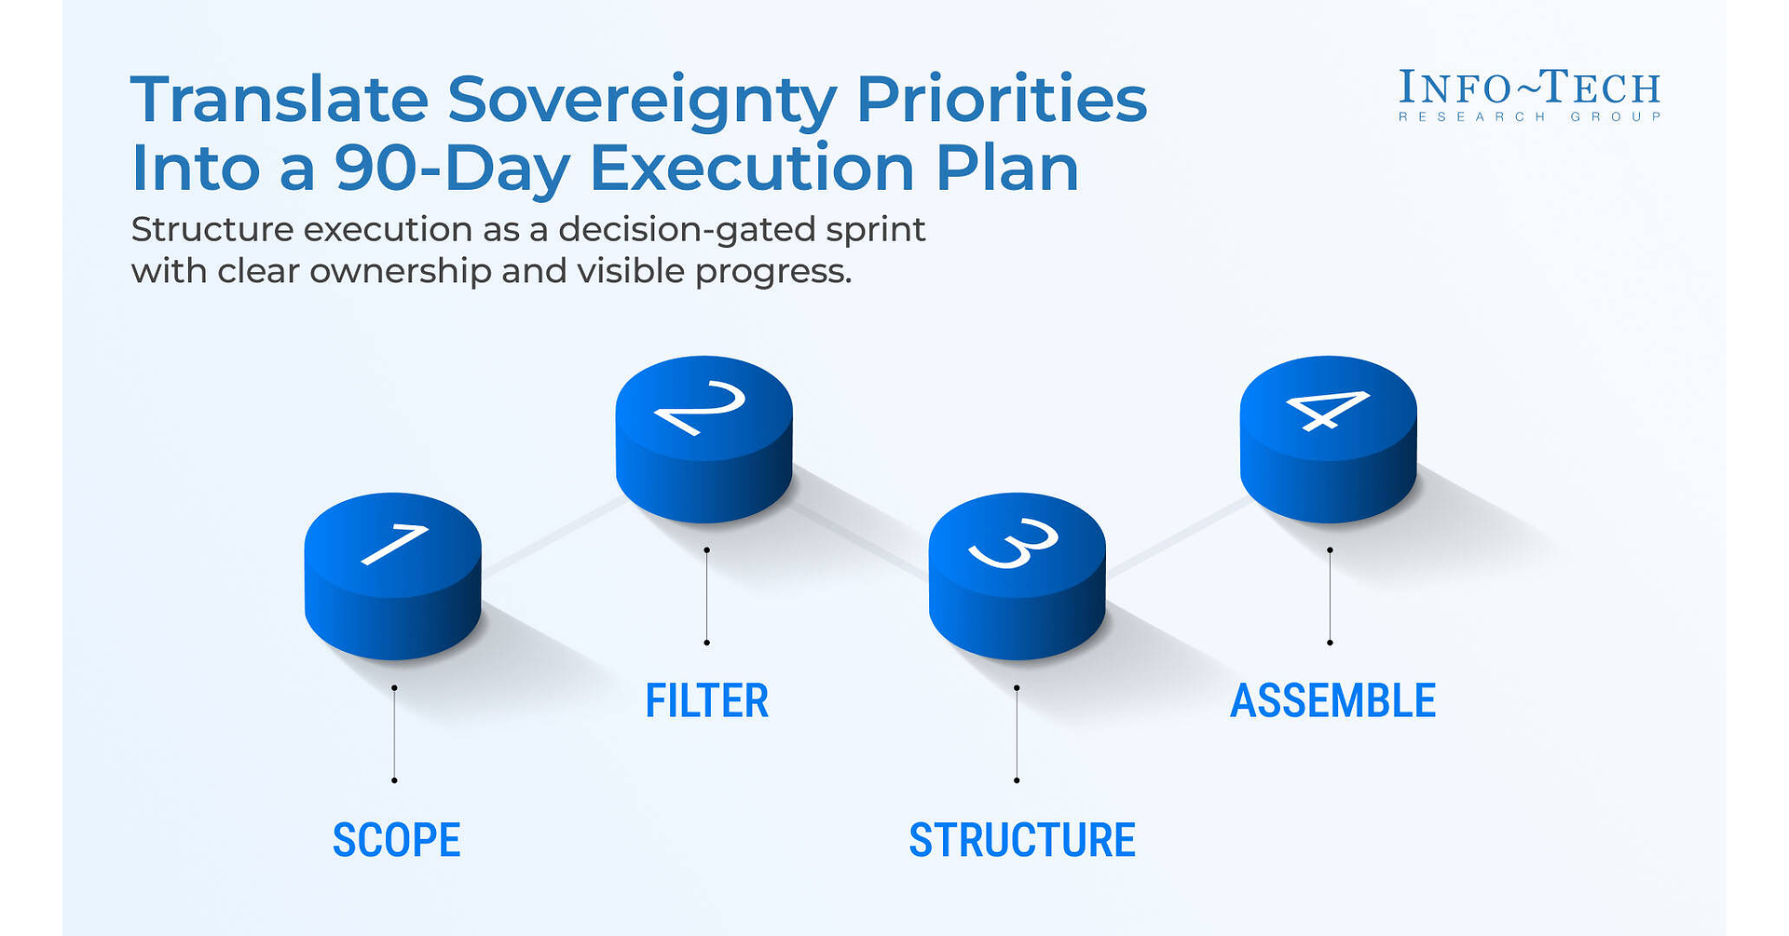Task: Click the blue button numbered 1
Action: tap(392, 576)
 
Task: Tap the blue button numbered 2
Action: tap(703, 439)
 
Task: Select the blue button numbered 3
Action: tap(1017, 576)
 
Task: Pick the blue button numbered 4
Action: tap(1328, 439)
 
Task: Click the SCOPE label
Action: tap(397, 840)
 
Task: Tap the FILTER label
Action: tap(707, 701)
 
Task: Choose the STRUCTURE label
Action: tap(1022, 840)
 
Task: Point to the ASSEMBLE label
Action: tap(1333, 701)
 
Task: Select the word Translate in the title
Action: tap(280, 99)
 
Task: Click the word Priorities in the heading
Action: tap(1002, 99)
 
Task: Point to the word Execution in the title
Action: tap(753, 169)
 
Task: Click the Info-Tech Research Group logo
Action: tap(1529, 95)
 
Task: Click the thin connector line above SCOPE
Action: tap(394, 734)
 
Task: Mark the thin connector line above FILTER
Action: tap(706, 596)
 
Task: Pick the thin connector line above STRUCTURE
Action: tap(1017, 734)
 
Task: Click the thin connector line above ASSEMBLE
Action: tap(1330, 596)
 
